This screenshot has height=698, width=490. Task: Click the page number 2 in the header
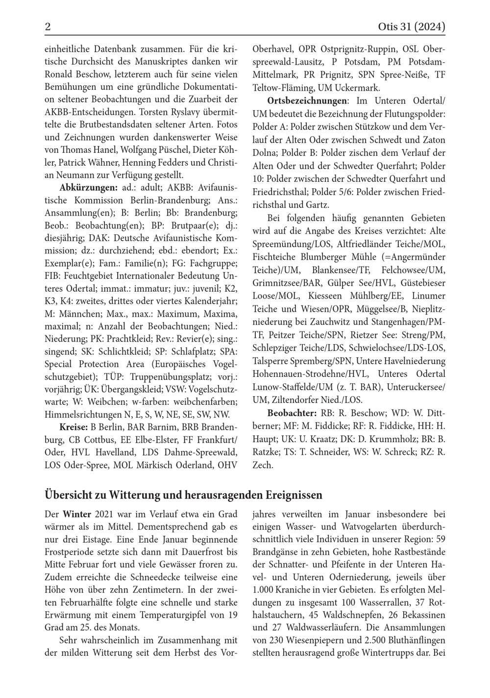(x=48, y=26)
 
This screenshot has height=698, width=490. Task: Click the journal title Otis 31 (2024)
(x=412, y=26)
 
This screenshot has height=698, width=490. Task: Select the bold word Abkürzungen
(x=89, y=188)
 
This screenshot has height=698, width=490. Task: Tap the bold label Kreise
(x=73, y=426)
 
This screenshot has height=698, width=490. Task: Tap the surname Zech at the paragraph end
(x=263, y=465)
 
